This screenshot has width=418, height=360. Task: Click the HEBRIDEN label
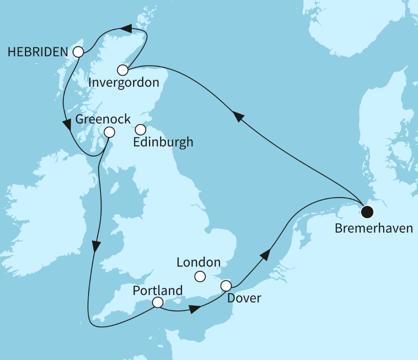38,52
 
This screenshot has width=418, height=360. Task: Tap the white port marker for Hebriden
78,52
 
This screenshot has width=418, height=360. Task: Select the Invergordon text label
123,83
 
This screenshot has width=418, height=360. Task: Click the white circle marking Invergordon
123,70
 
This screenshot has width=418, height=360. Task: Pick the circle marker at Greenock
109,132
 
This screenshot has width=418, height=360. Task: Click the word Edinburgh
163,142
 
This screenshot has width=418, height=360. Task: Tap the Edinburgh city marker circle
140,129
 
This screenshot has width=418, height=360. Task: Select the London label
198,262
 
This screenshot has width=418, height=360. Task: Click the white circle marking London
200,276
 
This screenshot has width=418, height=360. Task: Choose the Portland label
158,290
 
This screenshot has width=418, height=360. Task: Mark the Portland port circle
158,303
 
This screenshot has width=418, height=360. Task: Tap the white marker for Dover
226,286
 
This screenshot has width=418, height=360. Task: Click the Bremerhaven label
374,228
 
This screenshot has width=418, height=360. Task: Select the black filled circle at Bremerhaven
367,211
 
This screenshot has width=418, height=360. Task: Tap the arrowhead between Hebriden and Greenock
67,125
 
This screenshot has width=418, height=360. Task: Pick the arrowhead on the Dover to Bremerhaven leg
266,254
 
